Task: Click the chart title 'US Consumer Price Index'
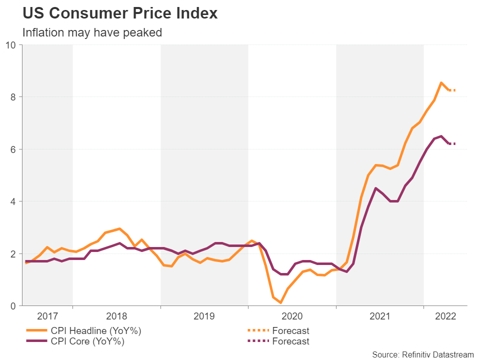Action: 120,13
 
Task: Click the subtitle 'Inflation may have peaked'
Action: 92,32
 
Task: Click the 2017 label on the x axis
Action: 48,316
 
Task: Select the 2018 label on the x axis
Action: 116,316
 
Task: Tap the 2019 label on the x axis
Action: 204,316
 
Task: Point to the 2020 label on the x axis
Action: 292,316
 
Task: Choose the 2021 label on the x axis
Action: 379,316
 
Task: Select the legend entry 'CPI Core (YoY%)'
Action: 80,342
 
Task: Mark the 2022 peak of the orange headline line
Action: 441,82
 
